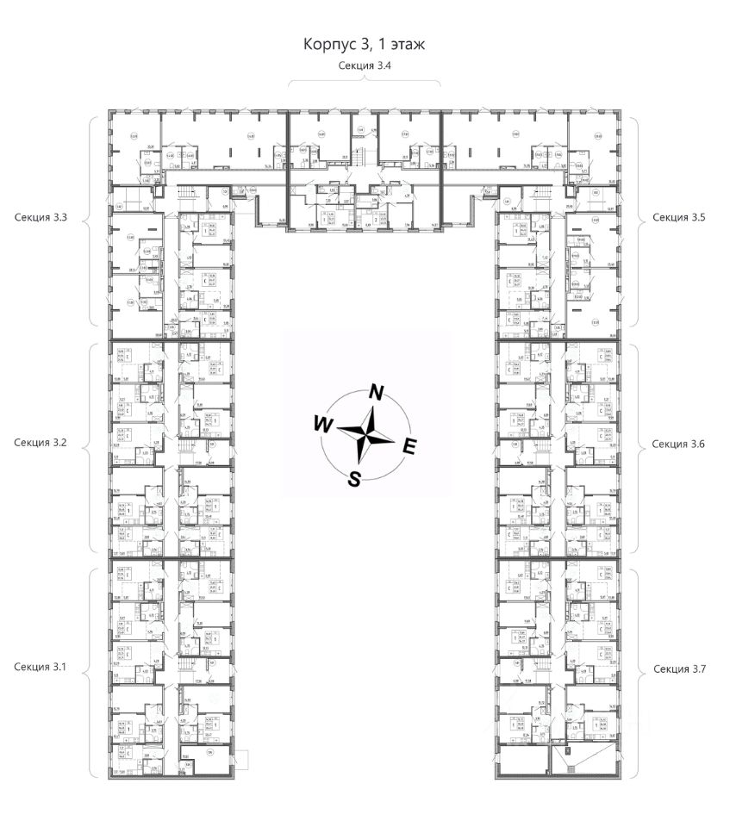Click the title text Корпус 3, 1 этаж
[x=365, y=43]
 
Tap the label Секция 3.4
[x=365, y=65]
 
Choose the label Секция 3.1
[x=41, y=667]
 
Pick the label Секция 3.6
[x=679, y=444]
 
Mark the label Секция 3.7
[x=679, y=668]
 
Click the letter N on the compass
[x=376, y=392]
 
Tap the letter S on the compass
[x=353, y=480]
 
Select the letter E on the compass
[x=410, y=446]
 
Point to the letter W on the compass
[x=321, y=424]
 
